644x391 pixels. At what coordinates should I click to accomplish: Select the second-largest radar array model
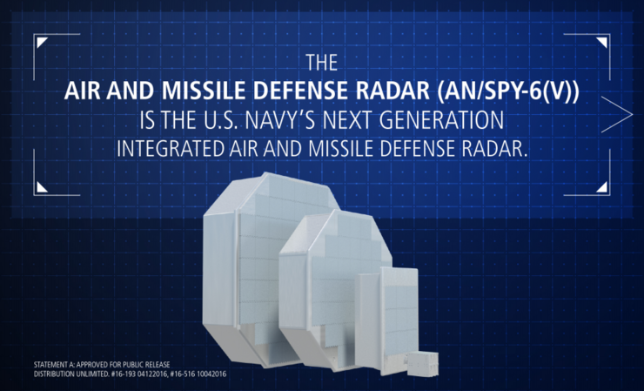click(326, 279)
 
